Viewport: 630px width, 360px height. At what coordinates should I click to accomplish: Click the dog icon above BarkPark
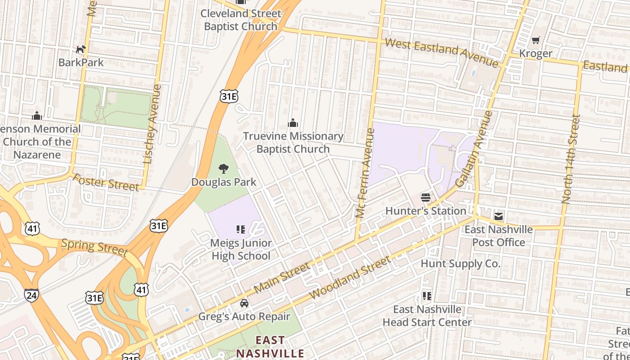coord(81,49)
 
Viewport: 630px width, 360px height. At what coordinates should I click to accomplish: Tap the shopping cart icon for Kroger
coord(535,40)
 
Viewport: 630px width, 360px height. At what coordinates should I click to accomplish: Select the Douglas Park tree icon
coord(223,169)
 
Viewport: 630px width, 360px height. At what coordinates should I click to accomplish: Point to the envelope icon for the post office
coord(499,216)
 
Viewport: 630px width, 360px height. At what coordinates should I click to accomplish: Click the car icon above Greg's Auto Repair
coord(244,303)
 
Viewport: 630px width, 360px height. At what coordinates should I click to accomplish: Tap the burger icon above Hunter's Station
coord(426,198)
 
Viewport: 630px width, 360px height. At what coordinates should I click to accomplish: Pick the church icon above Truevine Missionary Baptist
coord(293,123)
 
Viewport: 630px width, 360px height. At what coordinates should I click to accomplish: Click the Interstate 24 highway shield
coord(31,295)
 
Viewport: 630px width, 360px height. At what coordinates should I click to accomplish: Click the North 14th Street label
coord(570,159)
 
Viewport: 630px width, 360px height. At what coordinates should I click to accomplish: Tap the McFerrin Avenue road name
coord(365,173)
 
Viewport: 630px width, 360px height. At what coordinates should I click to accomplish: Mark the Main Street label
coord(282,278)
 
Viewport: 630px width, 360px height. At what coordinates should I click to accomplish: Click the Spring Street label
coord(94,247)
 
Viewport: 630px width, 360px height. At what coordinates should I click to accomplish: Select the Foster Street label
coord(106,182)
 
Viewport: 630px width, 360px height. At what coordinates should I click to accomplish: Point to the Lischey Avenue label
coord(152,124)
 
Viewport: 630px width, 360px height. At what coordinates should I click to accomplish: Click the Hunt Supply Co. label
coord(460,263)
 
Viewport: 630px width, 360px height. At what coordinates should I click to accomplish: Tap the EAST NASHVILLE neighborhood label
coord(270,346)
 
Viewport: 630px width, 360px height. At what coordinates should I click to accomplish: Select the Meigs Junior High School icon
coord(241,230)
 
